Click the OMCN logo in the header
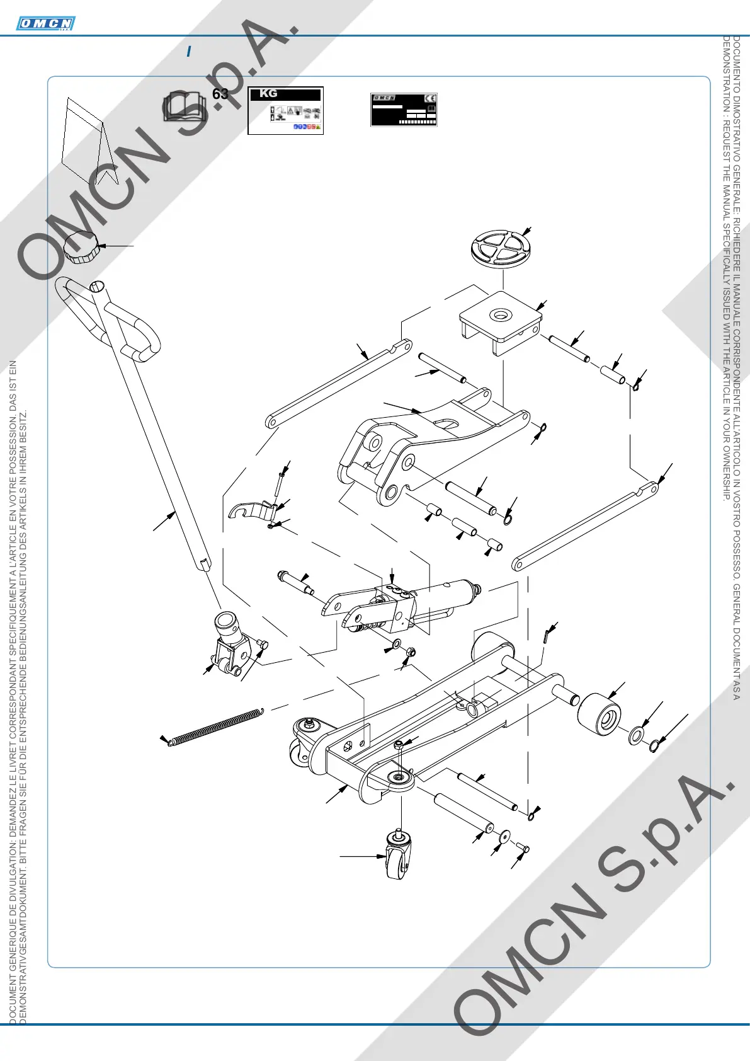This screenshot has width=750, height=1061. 45,24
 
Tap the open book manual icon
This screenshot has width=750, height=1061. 184,106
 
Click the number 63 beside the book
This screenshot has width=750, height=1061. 220,95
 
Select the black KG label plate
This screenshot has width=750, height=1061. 285,110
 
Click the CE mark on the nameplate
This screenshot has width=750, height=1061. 430,99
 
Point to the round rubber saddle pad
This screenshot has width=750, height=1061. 500,248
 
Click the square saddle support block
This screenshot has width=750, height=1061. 500,321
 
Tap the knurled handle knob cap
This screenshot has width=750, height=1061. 82,247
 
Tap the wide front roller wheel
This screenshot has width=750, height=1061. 599,714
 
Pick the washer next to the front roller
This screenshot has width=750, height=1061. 637,735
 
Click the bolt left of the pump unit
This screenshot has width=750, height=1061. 296,581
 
